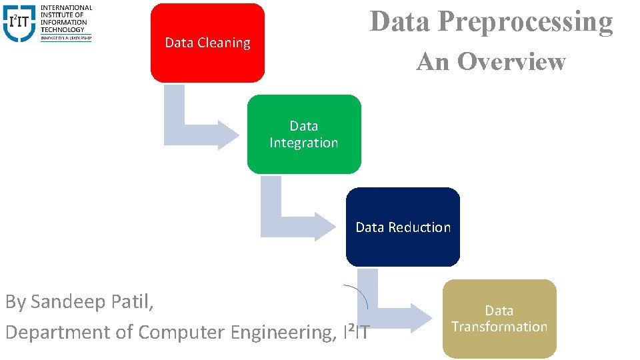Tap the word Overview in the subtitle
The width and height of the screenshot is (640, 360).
click(511, 61)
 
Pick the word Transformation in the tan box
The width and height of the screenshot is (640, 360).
click(499, 327)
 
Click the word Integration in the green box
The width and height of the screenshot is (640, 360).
click(304, 143)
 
